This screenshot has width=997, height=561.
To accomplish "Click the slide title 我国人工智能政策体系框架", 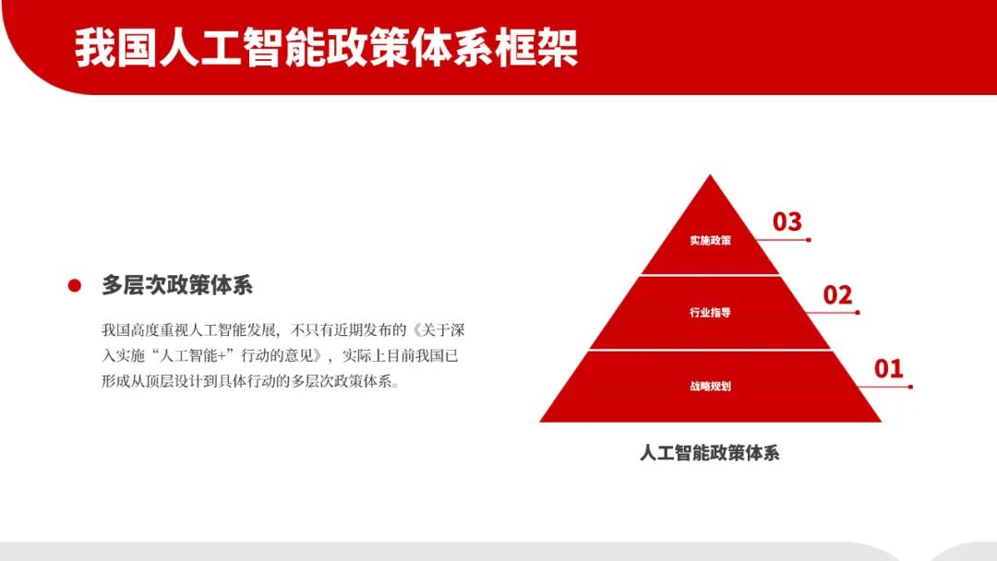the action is (x=326, y=48).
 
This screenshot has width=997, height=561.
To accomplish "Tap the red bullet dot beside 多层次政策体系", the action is (x=75, y=286).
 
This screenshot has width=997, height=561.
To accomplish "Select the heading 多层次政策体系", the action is (x=177, y=285).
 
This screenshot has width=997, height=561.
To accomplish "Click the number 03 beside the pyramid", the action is (x=787, y=221).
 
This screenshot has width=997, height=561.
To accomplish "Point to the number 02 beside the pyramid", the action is (x=837, y=295).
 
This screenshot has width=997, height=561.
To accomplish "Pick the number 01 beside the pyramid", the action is (x=888, y=368).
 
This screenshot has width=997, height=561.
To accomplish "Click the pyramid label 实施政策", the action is (x=710, y=240).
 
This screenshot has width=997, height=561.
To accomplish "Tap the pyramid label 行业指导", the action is (x=710, y=313).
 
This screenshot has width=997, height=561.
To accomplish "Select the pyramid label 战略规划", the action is (x=710, y=387).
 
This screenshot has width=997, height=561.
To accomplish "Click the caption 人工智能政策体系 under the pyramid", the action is (x=710, y=453).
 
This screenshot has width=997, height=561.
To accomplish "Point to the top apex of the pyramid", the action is (x=710, y=174).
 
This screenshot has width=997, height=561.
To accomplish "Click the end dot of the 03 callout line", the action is (x=809, y=240).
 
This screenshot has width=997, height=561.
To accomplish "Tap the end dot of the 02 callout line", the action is (x=858, y=313).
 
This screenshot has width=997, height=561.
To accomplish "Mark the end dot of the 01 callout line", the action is (x=910, y=387).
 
